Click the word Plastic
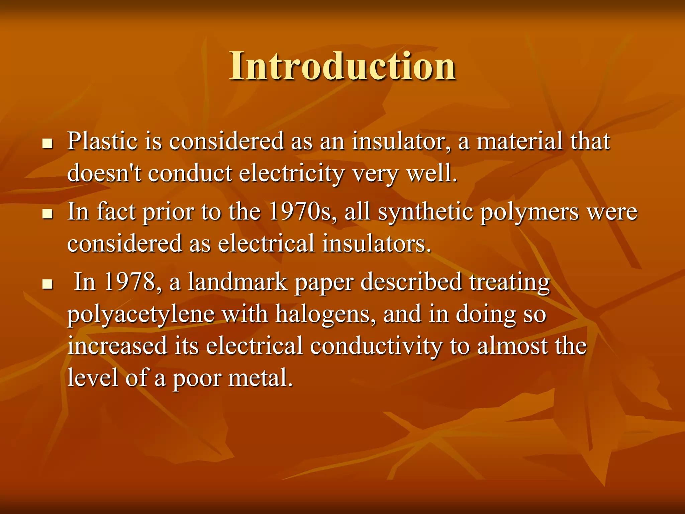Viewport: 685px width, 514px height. [x=102, y=141]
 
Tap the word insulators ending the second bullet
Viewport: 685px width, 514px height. [x=376, y=244]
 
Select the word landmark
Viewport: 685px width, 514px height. [x=237, y=282]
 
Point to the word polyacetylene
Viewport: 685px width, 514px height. [x=140, y=315]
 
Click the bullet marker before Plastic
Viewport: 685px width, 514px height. [x=48, y=144]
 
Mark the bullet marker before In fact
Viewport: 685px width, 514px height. [x=48, y=215]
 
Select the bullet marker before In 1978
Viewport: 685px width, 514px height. [x=48, y=285]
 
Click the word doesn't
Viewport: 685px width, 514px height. [x=104, y=173]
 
